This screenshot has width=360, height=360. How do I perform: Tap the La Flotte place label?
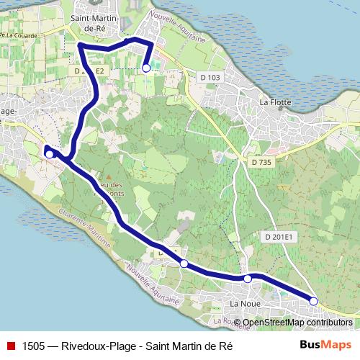tap(275, 102)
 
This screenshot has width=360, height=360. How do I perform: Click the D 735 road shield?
tap(263, 163)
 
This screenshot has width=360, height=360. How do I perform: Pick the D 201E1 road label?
tap(279, 237)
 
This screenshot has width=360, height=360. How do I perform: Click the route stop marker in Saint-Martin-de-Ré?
tap(146, 68)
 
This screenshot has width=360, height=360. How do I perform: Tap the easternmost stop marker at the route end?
tap(313, 300)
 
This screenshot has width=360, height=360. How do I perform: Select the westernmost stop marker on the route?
tap(50, 153)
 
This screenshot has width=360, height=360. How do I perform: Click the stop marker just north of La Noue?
tap(247, 278)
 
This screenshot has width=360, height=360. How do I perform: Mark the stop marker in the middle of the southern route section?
tap(184, 264)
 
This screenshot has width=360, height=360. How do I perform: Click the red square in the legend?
tap(11, 345)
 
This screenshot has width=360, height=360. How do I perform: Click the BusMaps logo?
tap(325, 345)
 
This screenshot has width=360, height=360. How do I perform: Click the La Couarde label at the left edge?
tap(20, 35)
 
